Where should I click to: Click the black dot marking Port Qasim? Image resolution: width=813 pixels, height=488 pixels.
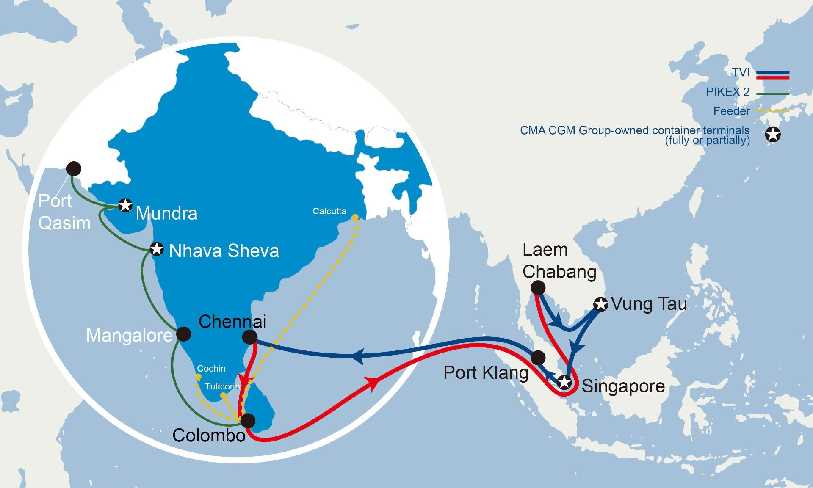(74, 168)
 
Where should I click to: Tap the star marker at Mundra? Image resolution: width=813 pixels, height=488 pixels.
(125, 205)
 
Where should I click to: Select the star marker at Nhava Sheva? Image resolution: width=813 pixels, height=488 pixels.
(157, 249)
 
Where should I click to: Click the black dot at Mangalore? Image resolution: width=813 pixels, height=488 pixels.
(183, 334)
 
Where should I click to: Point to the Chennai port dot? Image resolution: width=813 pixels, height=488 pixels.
(250, 337)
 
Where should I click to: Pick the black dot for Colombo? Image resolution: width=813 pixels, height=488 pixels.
(248, 420)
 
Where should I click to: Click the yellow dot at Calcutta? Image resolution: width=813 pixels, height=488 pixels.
(355, 218)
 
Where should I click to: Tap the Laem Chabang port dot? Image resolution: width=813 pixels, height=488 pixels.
(538, 288)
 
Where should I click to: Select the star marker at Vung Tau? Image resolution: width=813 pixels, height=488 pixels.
(600, 304)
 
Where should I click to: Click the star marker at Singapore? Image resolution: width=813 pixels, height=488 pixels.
(564, 382)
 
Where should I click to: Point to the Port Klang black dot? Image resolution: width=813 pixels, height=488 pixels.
(538, 358)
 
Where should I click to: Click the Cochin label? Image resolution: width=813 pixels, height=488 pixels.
(211, 369)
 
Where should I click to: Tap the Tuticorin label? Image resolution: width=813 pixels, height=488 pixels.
(222, 386)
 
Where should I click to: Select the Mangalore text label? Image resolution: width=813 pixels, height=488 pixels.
(129, 336)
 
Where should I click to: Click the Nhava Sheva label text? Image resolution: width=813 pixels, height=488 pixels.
(224, 251)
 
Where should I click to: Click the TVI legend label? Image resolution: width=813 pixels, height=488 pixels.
(741, 72)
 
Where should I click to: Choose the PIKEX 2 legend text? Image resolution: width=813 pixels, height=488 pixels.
(727, 92)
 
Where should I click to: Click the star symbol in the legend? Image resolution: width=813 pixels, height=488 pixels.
(773, 135)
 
